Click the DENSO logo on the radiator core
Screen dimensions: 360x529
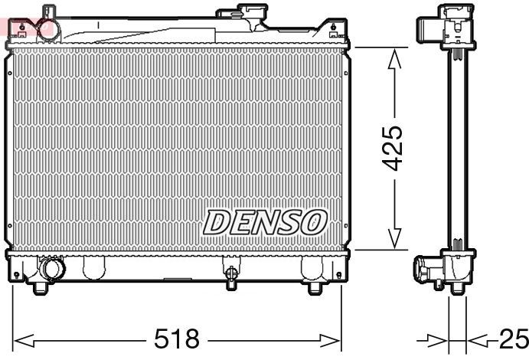264,222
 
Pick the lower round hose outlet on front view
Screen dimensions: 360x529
53,270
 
